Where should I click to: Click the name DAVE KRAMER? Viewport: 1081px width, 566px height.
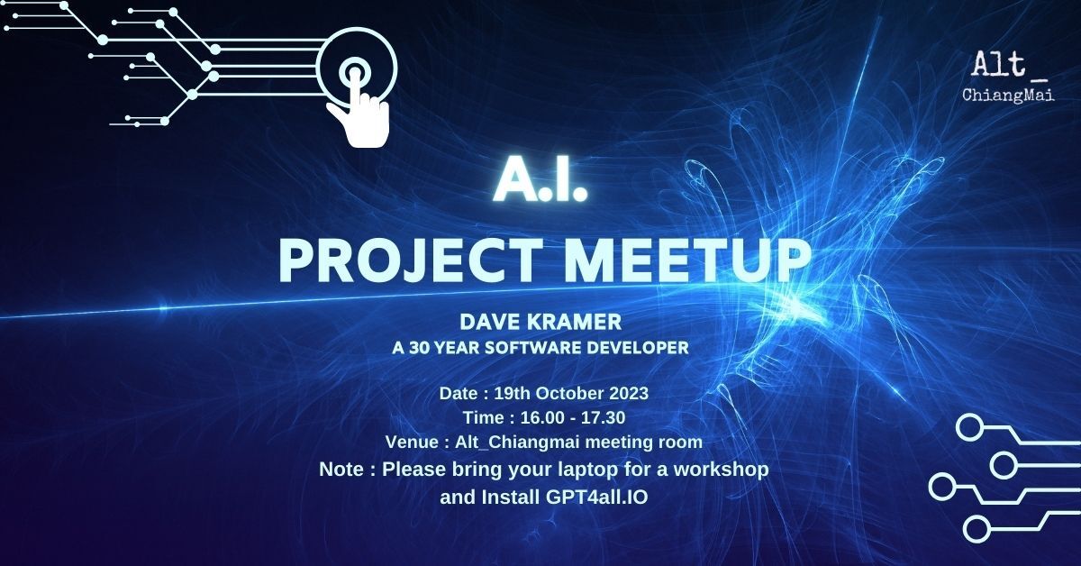(x=540, y=322)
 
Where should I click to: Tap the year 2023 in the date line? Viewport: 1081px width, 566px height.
(x=629, y=393)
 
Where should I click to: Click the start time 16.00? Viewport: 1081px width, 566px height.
(x=542, y=417)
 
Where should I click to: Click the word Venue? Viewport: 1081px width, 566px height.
(x=412, y=442)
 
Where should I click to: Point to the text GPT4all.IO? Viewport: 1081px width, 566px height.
(x=597, y=497)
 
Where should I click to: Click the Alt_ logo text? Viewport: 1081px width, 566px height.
(x=1010, y=65)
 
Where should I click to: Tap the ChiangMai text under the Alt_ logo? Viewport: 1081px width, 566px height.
(x=1008, y=95)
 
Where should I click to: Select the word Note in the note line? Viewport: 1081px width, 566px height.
(x=341, y=469)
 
